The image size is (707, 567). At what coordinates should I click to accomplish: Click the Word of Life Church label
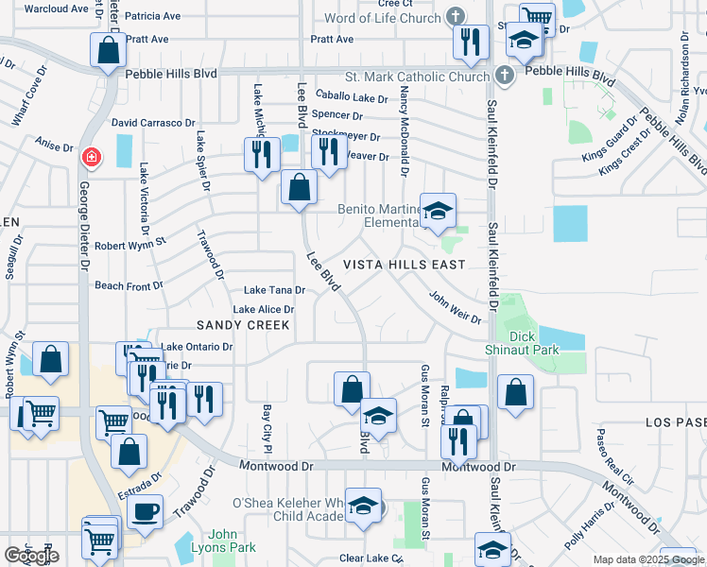coord(382,18)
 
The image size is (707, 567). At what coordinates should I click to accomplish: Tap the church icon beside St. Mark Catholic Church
coord(504,75)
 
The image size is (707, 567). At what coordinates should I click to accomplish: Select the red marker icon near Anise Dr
coord(91,157)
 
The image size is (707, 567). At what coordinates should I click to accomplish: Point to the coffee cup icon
coord(145,511)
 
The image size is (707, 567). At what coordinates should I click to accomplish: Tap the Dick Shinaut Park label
coord(534,343)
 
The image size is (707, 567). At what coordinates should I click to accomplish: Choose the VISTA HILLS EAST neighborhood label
coord(404,265)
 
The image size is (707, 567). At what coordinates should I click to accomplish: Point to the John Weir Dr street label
coord(456,307)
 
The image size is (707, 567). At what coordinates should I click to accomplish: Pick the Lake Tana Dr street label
coord(274,290)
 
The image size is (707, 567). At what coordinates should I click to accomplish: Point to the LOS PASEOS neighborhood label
coord(676,422)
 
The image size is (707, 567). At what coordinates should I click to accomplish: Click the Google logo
coord(31,556)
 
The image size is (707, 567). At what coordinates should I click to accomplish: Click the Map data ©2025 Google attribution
coord(648,559)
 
